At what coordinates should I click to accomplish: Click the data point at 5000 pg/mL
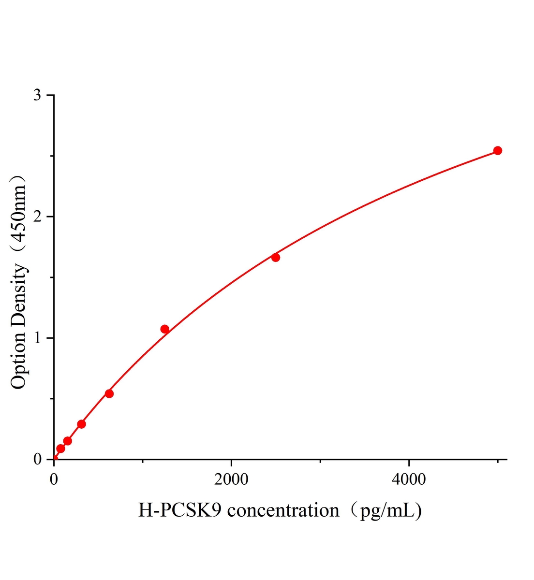click(x=497, y=150)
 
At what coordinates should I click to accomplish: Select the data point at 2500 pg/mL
click(x=276, y=257)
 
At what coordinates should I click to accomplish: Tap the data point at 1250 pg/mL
click(x=164, y=329)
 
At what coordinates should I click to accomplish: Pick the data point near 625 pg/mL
click(x=109, y=393)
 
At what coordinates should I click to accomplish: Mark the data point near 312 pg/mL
click(x=81, y=424)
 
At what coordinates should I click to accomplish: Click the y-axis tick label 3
click(x=37, y=95)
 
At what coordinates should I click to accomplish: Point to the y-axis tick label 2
click(x=37, y=217)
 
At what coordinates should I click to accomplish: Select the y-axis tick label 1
click(x=37, y=338)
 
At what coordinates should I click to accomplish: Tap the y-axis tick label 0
click(x=37, y=459)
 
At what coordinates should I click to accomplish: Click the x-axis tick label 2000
click(x=231, y=479)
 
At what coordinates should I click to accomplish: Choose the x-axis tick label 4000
click(x=409, y=479)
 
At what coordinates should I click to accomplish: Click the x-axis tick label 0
click(x=54, y=479)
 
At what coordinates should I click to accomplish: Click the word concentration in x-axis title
click(x=283, y=510)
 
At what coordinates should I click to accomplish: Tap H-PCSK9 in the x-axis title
click(x=180, y=510)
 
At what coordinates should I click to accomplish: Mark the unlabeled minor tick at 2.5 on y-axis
click(x=52, y=156)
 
